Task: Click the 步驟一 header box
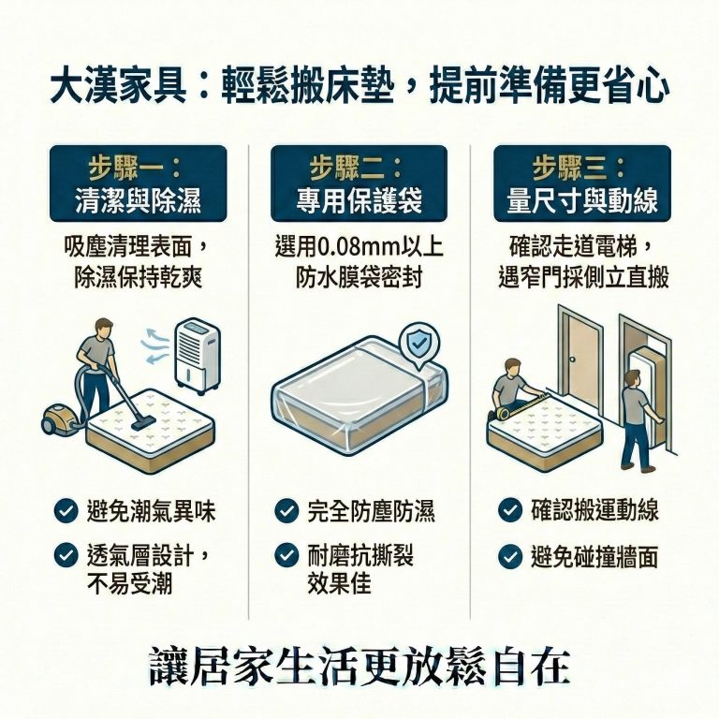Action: [x=138, y=183]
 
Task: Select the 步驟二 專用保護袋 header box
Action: [x=359, y=183]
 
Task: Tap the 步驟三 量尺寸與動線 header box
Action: [x=581, y=183]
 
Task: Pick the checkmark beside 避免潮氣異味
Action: [x=65, y=511]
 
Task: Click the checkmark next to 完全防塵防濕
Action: [x=286, y=511]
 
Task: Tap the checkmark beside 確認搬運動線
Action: [x=509, y=510]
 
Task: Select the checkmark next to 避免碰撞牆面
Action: [x=509, y=557]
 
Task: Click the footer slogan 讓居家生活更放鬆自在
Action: [x=359, y=666]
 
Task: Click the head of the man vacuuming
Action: [x=106, y=326]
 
